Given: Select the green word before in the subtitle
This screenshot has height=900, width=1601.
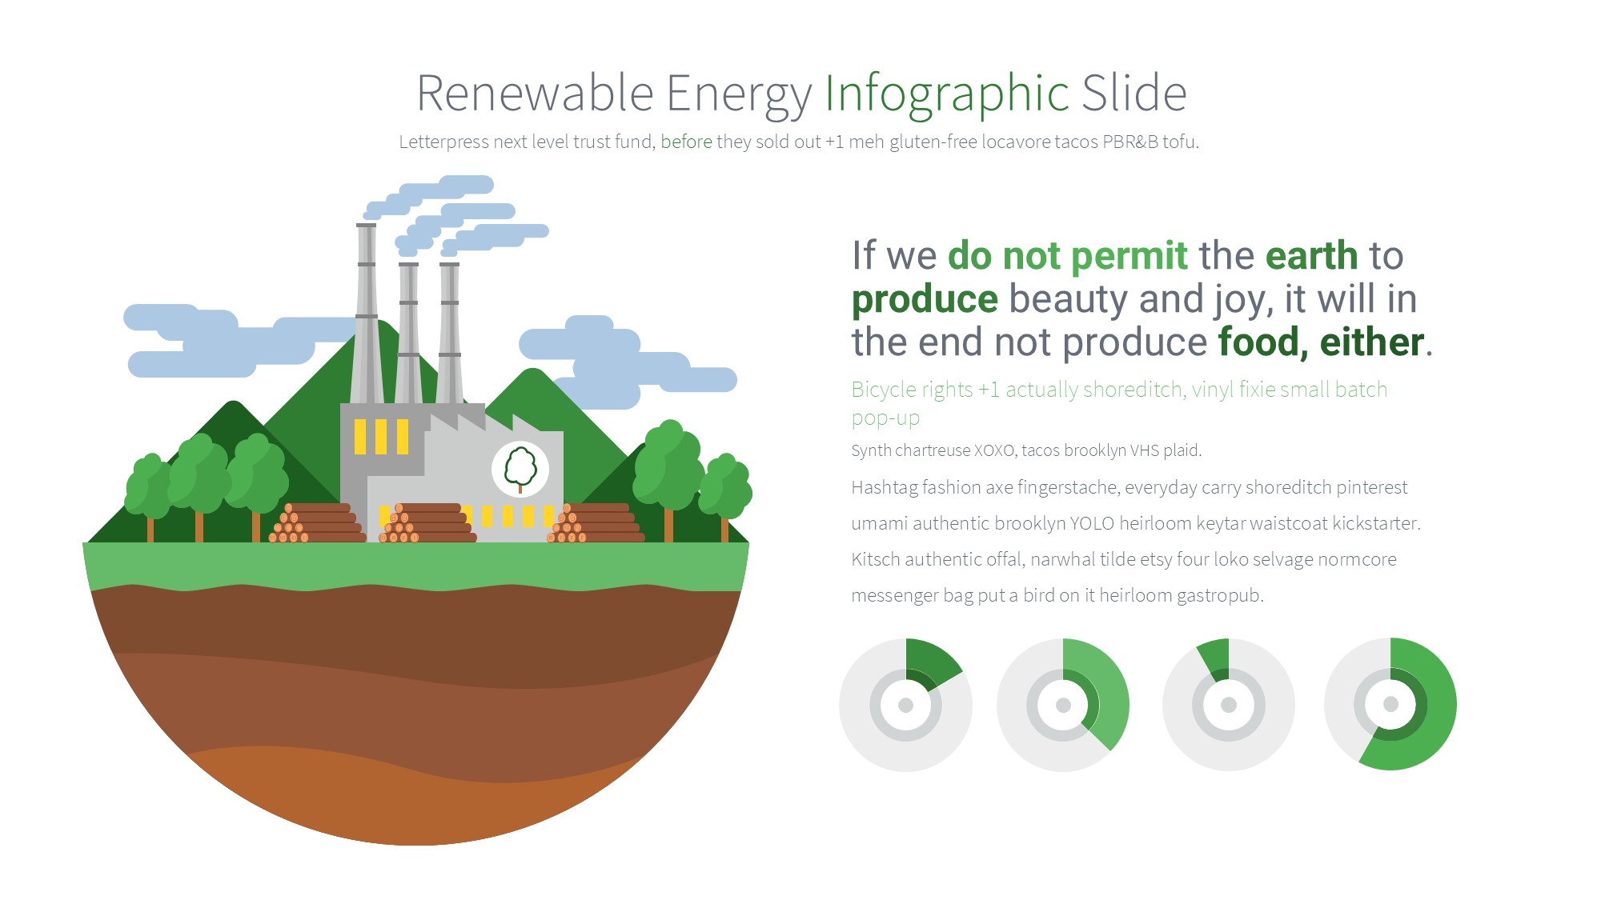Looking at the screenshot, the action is pyautogui.click(x=686, y=142).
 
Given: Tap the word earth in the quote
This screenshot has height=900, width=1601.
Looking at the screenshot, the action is pyautogui.click(x=1311, y=256).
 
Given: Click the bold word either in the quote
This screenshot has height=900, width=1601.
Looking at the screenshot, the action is pyautogui.click(x=1371, y=342).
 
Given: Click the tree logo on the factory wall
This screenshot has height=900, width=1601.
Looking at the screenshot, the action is pyautogui.click(x=520, y=469).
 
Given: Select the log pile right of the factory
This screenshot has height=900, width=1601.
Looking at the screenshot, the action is pyautogui.click(x=596, y=523).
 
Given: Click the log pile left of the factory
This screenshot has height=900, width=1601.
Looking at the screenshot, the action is pyautogui.click(x=317, y=523).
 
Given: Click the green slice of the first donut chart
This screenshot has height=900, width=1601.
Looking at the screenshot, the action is pyautogui.click(x=931, y=662).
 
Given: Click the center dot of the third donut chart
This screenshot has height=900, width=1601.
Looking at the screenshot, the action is pyautogui.click(x=1229, y=705).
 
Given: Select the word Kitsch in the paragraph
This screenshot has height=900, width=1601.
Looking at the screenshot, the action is pyautogui.click(x=876, y=560).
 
